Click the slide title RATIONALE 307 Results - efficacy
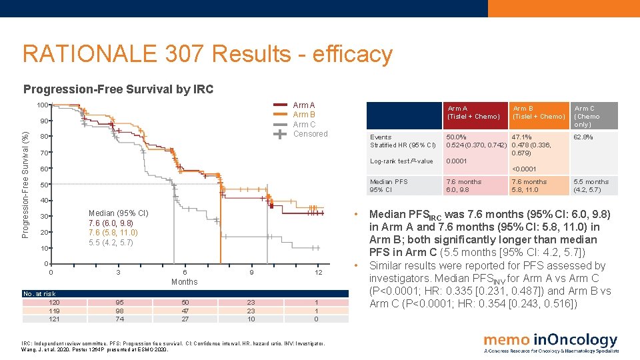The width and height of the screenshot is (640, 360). [207, 55]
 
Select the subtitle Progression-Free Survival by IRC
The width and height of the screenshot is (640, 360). [119, 89]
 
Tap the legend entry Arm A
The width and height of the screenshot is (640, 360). [303, 105]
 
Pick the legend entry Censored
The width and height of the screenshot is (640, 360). [310, 134]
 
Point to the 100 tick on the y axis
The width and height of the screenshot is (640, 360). [43, 105]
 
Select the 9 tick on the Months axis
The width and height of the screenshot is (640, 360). [251, 272]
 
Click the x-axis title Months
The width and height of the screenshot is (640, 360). [184, 282]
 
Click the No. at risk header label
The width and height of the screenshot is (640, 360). [39, 294]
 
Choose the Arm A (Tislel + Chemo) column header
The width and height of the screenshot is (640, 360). [473, 113]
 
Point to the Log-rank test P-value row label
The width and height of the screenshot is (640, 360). [401, 161]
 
